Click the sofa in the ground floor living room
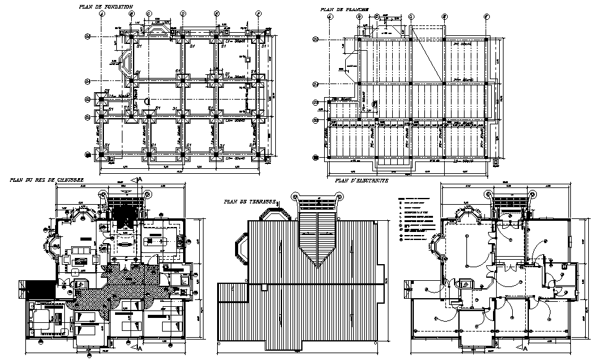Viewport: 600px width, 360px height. click(80, 250)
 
